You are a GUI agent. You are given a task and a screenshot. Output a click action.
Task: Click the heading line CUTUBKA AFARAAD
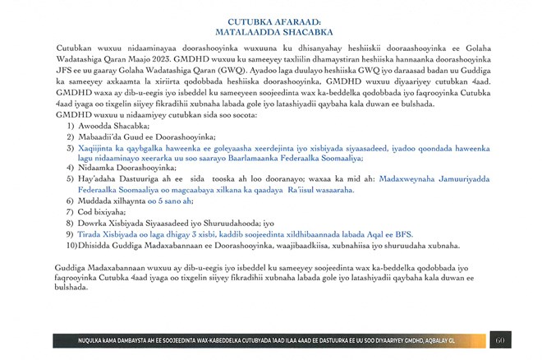click(x=270, y=24)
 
